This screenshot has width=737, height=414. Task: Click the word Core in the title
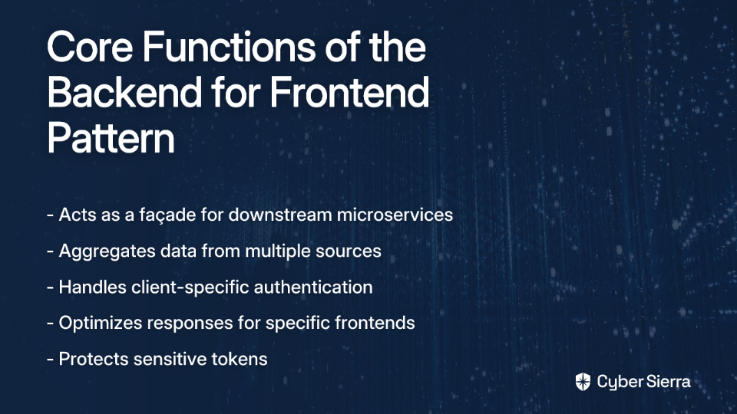click(x=90, y=47)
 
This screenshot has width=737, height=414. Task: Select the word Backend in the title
click(x=124, y=92)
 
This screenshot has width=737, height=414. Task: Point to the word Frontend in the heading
click(x=349, y=92)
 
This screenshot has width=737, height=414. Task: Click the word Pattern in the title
click(x=111, y=137)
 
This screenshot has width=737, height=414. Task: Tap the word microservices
click(x=395, y=215)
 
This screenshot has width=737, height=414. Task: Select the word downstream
click(x=280, y=215)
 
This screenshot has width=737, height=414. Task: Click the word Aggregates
click(x=107, y=251)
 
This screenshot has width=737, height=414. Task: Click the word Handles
click(x=93, y=287)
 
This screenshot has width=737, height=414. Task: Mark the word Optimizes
click(x=100, y=324)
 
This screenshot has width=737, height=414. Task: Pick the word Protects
click(x=94, y=359)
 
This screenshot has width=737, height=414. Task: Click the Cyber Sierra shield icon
click(x=583, y=382)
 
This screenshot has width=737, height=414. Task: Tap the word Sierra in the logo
click(x=667, y=382)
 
